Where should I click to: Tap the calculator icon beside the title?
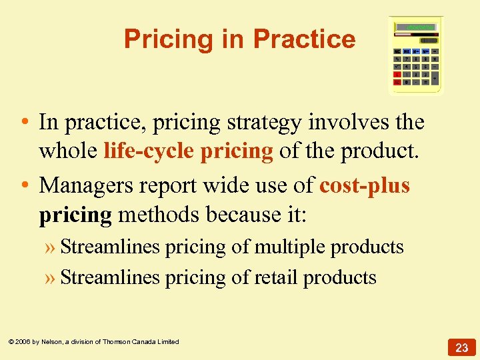tap(416, 56)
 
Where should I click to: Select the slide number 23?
tap(462, 347)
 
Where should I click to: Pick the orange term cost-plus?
tap(365, 185)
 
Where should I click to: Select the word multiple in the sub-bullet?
tap(289, 247)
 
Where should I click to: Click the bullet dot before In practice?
tap(23, 123)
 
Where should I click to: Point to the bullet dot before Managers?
tap(23, 185)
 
